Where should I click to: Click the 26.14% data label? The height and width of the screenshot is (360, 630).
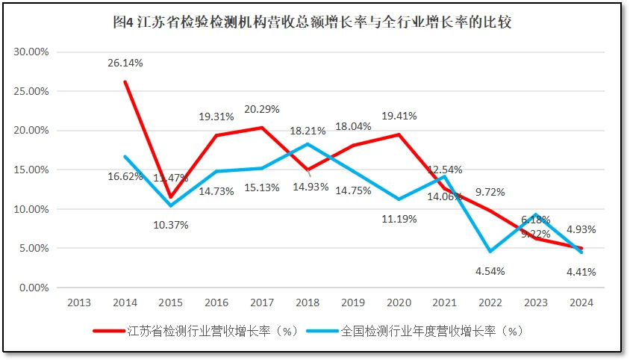point(125,63)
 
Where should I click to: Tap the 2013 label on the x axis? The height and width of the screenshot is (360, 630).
point(79,302)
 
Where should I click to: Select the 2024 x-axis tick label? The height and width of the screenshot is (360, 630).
point(581,302)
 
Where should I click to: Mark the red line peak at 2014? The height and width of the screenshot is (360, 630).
point(125,82)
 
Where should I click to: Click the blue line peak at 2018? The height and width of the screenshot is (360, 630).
point(308,144)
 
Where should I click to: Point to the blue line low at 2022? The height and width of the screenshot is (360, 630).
point(490,252)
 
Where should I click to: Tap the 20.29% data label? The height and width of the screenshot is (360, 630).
point(262,109)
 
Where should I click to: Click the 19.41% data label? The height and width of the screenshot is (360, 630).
point(399,117)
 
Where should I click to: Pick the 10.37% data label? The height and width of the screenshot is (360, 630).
point(171,225)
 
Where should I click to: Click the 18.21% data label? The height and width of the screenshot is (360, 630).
point(308,130)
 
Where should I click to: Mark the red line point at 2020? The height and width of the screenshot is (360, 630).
point(399,135)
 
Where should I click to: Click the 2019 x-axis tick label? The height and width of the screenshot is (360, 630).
point(353,302)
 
